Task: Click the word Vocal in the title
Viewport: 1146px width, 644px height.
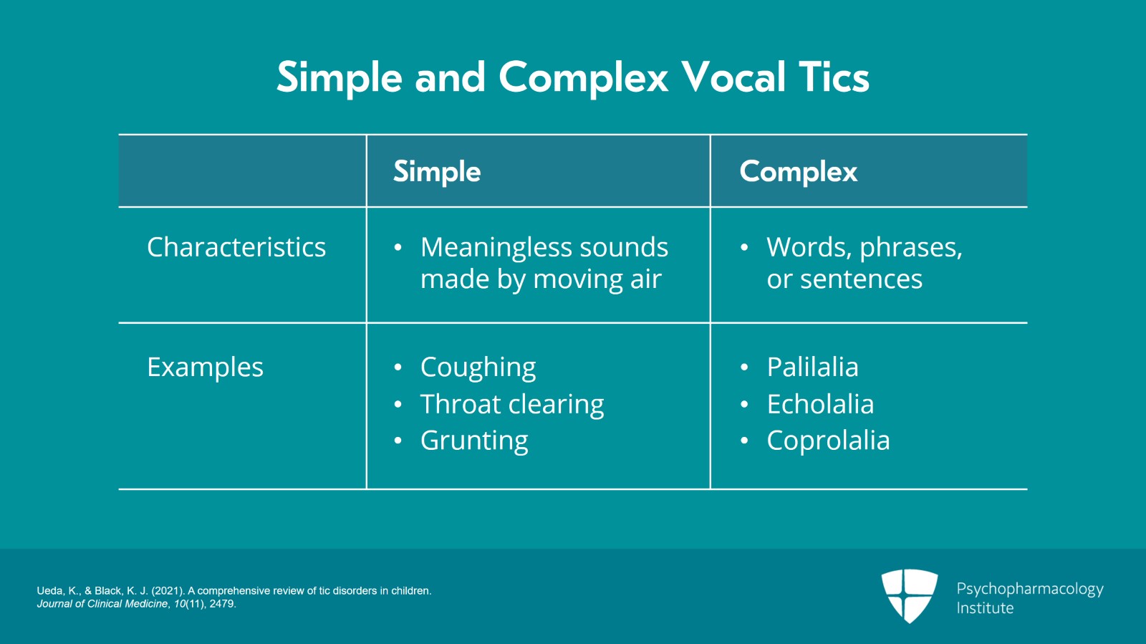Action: point(733,78)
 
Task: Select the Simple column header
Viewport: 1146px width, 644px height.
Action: point(437,171)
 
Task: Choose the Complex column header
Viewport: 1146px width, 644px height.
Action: point(798,171)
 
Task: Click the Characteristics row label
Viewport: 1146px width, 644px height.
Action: point(236,247)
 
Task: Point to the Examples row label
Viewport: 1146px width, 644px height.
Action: point(205,367)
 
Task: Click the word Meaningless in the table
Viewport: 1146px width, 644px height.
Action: point(496,248)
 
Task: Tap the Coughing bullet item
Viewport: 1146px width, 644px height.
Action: point(478,367)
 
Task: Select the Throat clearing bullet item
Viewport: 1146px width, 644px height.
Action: point(512,405)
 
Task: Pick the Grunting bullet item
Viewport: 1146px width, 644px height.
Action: point(474,441)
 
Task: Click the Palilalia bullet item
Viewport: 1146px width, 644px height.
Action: point(812,367)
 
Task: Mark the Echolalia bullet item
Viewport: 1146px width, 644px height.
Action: point(820,404)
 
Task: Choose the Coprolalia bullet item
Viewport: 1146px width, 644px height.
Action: point(828,441)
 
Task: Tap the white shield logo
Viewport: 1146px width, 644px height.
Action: point(909,595)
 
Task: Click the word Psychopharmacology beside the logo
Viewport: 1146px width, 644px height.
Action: point(1030,590)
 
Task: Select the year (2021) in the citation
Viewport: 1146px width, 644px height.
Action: point(168,591)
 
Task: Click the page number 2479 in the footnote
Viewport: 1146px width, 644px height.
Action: point(221,604)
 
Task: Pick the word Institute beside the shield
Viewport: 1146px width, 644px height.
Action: point(985,607)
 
